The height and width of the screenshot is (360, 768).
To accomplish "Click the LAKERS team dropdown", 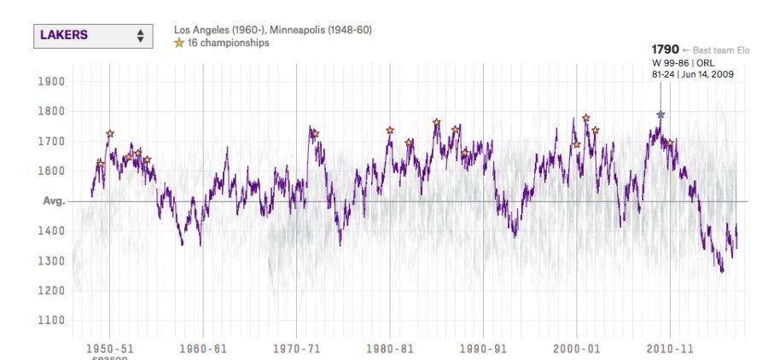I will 93,36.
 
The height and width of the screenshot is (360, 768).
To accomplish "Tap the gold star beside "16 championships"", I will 179,43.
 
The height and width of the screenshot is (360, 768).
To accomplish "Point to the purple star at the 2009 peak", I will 660,114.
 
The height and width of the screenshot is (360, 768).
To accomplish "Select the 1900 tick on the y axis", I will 53,82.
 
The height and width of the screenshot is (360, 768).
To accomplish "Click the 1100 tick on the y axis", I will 53,321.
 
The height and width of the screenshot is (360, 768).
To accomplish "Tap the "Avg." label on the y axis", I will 54,201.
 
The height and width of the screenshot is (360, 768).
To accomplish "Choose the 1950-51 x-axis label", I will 109,348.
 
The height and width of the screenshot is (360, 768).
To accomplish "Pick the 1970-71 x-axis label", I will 296,348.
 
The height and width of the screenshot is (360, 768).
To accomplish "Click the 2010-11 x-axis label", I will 670,348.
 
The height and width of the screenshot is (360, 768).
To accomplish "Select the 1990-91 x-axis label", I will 483,348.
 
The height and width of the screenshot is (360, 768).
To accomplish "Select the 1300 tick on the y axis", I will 53,261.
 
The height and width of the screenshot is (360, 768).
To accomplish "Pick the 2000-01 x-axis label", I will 577,348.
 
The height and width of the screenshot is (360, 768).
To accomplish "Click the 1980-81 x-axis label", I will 390,348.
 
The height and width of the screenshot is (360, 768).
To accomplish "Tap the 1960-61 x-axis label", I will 203,348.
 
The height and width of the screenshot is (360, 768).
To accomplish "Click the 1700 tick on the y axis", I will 53,142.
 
